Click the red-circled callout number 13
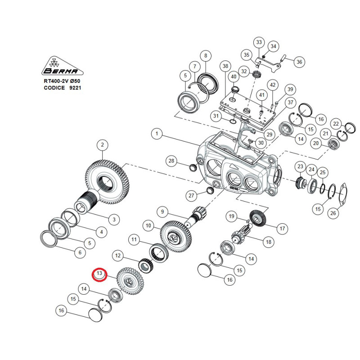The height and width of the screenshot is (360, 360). (x=99, y=274)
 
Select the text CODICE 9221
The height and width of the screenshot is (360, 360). (x=63, y=88)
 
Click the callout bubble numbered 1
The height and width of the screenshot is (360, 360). (x=157, y=134)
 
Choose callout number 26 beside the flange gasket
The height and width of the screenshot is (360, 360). (x=333, y=213)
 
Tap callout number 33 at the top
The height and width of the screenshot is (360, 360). (x=259, y=42)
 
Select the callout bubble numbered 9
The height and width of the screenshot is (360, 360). (x=162, y=211)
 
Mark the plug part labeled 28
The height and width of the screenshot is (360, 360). (x=192, y=167)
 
